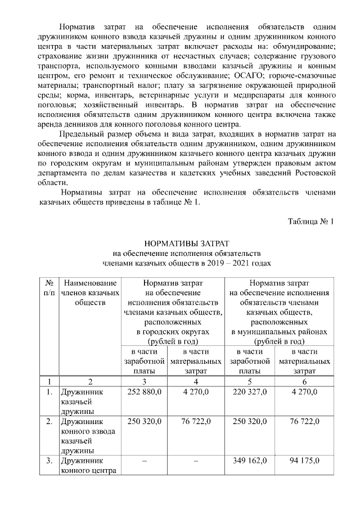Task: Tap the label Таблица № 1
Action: click(x=310, y=221)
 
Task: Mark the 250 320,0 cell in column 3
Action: click(x=145, y=421)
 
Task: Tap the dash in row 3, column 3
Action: click(x=145, y=461)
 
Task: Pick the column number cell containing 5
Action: click(x=251, y=381)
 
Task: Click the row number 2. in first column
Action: click(x=49, y=421)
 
